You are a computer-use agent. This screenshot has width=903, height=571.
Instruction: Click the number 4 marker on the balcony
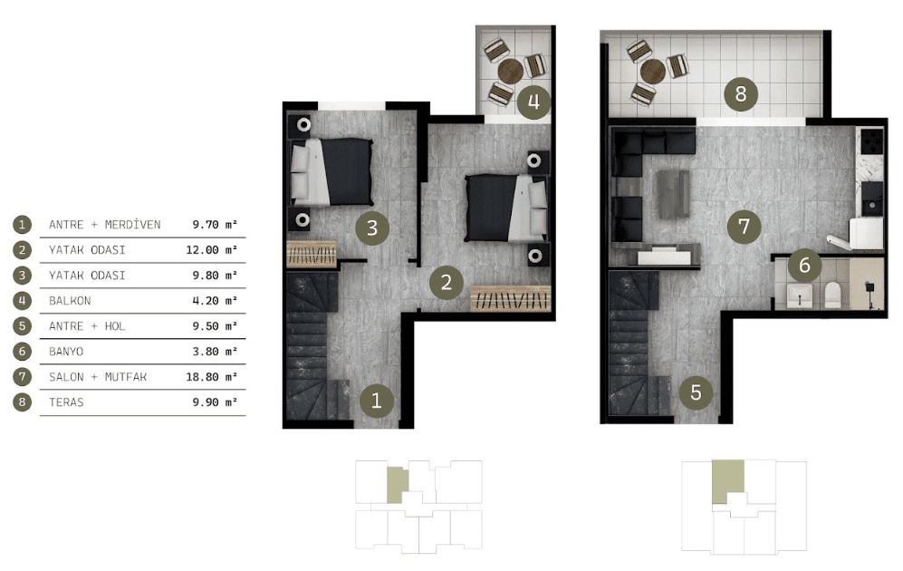(533, 102)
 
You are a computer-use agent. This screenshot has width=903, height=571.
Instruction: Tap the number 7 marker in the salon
(744, 227)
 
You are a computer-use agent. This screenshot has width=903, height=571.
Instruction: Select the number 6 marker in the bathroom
(804, 265)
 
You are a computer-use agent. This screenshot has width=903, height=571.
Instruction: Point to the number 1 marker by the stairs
(377, 400)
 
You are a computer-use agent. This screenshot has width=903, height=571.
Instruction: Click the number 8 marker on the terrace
(741, 94)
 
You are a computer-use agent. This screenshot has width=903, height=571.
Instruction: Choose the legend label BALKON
(70, 301)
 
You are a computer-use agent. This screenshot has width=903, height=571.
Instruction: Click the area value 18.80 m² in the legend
(211, 377)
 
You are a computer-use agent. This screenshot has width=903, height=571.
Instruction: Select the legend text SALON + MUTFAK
(98, 377)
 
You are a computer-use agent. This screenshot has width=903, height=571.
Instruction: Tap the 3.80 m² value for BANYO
(215, 352)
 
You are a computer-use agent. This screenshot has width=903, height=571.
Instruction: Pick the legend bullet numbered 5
(23, 326)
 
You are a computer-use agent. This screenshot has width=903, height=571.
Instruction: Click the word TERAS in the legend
(66, 402)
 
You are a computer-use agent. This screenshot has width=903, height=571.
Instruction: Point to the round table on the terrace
(652, 72)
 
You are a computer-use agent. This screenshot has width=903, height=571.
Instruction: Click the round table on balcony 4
(510, 72)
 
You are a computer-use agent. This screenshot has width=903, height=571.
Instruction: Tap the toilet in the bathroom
(832, 295)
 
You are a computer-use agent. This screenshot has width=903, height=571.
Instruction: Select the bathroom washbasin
(800, 295)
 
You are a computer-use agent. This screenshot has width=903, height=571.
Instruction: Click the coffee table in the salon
(673, 194)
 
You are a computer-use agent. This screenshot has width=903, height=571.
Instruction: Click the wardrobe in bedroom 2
(510, 298)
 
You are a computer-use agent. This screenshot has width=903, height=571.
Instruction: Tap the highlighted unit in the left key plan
(398, 485)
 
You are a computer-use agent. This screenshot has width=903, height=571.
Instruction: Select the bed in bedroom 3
(331, 171)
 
